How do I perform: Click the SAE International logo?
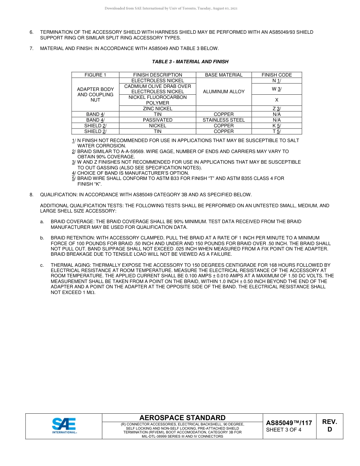click(x=64, y=426)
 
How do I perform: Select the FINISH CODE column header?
click(x=277, y=75)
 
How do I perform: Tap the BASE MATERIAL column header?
click(x=224, y=75)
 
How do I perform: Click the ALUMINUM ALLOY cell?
click(x=224, y=91)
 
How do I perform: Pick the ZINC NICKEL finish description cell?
click(x=158, y=108)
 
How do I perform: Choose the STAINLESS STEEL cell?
click(x=224, y=120)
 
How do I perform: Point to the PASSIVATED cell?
click(x=158, y=120)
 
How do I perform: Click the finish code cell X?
click(x=277, y=100)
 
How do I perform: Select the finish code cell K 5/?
click(x=277, y=125)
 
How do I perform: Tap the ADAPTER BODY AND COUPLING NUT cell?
click(x=95, y=94)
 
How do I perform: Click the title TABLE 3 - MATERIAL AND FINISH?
click(x=190, y=61)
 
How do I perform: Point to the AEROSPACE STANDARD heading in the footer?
click(x=182, y=418)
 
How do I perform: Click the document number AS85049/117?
click(x=289, y=423)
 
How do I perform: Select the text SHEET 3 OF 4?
click(x=284, y=430)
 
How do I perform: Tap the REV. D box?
click(x=329, y=425)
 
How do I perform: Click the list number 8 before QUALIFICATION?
click(x=31, y=195)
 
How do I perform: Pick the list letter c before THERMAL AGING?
click(x=42, y=265)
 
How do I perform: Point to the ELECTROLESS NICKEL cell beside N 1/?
click(x=158, y=81)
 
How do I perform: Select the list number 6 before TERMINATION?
click(x=31, y=32)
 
